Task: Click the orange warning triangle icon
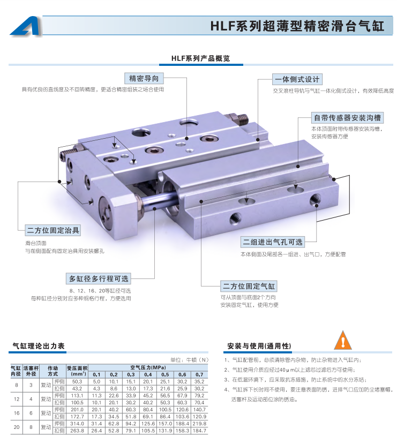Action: [x=343, y=340]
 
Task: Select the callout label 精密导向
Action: [x=144, y=78]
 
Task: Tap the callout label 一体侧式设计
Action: [x=297, y=79]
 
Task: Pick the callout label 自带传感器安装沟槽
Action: [x=347, y=117]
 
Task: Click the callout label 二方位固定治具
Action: [x=53, y=230]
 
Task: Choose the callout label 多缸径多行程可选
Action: [x=99, y=278]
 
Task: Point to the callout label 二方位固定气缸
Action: [x=249, y=286]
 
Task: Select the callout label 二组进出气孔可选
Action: [x=273, y=242]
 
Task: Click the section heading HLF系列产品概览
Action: [x=200, y=58]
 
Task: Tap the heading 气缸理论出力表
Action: [x=39, y=346]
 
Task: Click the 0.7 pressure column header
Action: [x=199, y=375]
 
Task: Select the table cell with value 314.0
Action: [x=77, y=424]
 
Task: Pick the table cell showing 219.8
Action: [x=199, y=424]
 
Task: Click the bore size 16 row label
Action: [x=17, y=413]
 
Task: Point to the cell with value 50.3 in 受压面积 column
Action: [x=77, y=382]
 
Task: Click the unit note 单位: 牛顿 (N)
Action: [x=189, y=360]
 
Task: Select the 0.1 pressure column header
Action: [x=96, y=375]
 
